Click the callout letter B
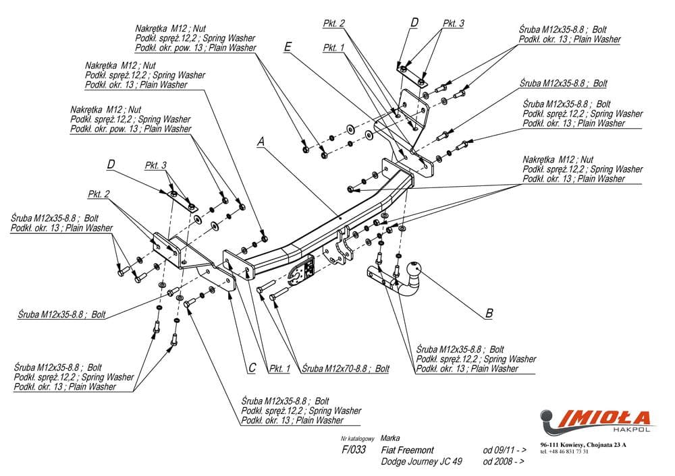tap(489, 313)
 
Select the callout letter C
tap(252, 367)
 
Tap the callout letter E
tap(288, 47)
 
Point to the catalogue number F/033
tap(354, 450)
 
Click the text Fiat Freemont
tap(407, 450)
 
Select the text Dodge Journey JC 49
tap(422, 462)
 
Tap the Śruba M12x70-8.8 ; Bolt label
tap(345, 369)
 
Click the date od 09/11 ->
tap(504, 450)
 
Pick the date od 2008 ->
tap(504, 462)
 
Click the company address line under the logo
tap(583, 444)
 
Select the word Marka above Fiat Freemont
tap(390, 438)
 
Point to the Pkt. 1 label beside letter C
tap(279, 369)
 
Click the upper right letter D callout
tap(414, 22)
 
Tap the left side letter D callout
tap(111, 164)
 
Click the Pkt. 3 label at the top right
tap(453, 24)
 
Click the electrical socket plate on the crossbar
tap(302, 272)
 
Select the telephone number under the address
tap(564, 452)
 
